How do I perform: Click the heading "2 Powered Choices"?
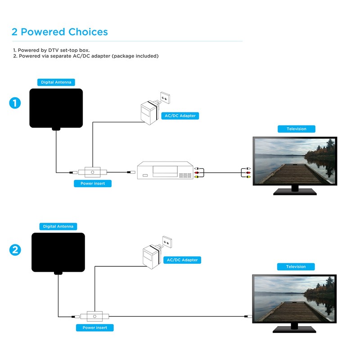[60, 32]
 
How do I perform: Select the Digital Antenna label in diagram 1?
[56, 82]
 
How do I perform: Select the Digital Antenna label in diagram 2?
[58, 226]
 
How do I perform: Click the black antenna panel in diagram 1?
[56, 108]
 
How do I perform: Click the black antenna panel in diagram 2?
[58, 252]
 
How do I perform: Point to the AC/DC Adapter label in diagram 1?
[180, 116]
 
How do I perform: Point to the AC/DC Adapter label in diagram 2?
[182, 260]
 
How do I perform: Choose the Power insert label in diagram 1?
[93, 184]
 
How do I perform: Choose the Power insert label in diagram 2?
[95, 328]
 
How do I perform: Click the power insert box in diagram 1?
[93, 172]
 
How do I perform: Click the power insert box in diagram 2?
[95, 316]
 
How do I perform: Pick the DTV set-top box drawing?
[166, 171]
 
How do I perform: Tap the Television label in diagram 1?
[297, 129]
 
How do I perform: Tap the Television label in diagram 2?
[296, 267]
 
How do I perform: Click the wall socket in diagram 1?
[165, 99]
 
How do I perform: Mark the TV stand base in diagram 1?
[295, 192]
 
